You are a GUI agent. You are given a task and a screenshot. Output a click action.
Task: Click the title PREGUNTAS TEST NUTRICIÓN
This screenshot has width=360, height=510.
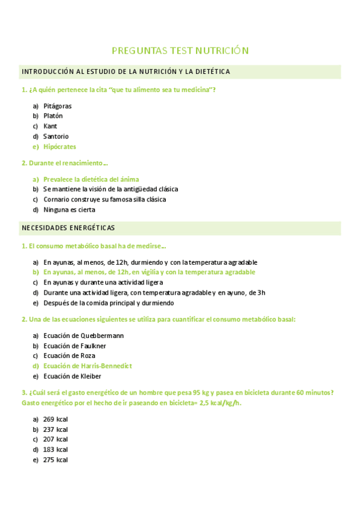point(180,51)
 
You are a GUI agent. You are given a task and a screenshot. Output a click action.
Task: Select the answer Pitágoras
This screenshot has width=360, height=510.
point(57,106)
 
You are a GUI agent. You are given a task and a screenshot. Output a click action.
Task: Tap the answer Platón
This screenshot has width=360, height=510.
point(53,116)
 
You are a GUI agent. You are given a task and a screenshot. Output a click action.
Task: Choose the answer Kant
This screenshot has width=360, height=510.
point(50,126)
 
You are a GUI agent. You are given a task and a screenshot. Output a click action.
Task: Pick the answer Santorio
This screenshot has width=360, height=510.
point(56,137)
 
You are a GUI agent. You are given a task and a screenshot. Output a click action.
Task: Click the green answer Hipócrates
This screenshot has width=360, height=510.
point(59,147)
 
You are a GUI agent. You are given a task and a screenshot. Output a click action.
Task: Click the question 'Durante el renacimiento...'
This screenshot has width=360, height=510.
point(65,163)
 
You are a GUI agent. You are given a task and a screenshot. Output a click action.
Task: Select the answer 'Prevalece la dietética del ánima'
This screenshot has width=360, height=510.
point(91,179)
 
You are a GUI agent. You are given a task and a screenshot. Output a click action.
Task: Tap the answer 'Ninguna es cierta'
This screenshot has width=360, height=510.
point(69,210)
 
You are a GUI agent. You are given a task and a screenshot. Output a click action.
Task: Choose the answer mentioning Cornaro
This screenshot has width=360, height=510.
point(105,200)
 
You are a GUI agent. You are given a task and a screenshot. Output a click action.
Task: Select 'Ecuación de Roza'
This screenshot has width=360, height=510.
point(69,356)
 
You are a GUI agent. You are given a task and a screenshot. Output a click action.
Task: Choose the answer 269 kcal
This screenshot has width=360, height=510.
point(55,419)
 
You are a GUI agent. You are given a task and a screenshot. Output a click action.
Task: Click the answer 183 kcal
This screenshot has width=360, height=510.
point(55,450)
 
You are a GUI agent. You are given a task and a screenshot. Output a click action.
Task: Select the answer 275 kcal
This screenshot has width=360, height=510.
point(55,460)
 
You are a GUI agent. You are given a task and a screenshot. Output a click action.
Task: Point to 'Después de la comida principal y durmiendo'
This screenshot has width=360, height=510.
point(108,303)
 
